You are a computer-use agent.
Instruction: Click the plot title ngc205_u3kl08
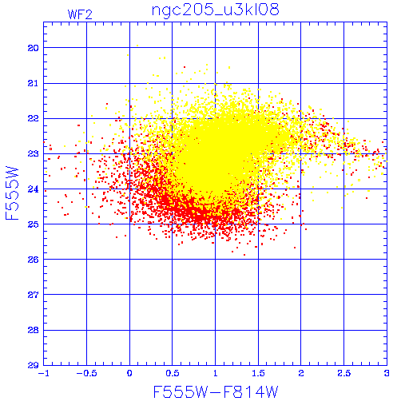coord(216,10)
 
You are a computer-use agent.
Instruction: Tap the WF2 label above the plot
coord(80,14)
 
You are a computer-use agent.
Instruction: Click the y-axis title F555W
coord(12,193)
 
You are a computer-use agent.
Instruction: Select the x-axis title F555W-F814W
coord(216,392)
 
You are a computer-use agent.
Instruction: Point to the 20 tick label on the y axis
coord(33,48)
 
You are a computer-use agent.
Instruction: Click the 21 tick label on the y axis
coord(33,83)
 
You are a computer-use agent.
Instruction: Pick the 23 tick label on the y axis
coord(33,153)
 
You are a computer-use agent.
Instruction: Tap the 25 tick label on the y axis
coord(33,224)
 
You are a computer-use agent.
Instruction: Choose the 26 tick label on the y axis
coord(33,260)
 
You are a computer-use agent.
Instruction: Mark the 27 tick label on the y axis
coord(33,295)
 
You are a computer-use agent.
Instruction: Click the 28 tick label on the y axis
coord(33,330)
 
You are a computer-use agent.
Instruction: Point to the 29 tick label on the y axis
coord(33,365)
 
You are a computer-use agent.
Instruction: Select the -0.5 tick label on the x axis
coord(87,373)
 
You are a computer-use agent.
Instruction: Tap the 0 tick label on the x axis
coord(129,373)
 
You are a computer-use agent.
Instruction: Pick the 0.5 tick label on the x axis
coord(173,373)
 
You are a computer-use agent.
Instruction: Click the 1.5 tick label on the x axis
coord(258,373)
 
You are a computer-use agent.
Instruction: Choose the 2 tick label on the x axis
coord(301,373)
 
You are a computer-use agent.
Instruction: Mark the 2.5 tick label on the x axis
coord(344,373)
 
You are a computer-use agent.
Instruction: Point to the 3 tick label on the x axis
coord(387,373)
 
